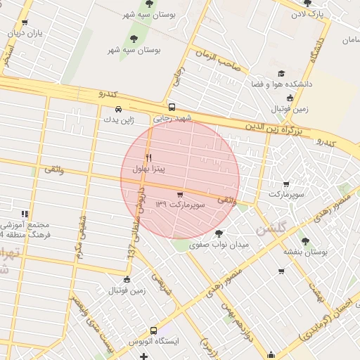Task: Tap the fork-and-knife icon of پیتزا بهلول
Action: click(148, 157)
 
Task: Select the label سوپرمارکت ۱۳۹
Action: click(180, 205)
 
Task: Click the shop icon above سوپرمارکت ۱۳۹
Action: click(180, 194)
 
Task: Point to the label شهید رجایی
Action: click(172, 119)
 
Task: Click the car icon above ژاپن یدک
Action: click(118, 109)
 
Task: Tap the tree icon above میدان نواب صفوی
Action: click(218, 233)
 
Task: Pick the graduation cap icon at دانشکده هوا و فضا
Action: click(281, 73)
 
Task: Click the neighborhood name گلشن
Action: click(271, 229)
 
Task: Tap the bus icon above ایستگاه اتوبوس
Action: click(154, 330)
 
